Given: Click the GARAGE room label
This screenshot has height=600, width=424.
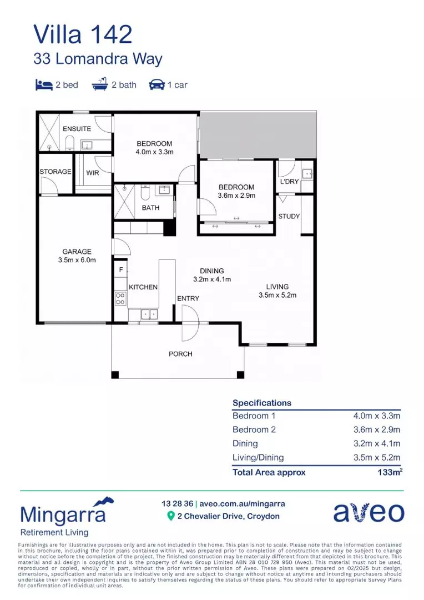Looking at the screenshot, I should (77, 252).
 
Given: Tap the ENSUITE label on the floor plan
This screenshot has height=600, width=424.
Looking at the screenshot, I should (77, 129).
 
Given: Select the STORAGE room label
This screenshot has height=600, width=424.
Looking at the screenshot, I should (55, 172).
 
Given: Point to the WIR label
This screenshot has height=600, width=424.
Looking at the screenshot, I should (92, 172).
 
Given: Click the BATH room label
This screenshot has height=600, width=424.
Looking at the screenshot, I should (150, 208).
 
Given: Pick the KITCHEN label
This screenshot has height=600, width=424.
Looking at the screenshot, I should (143, 287).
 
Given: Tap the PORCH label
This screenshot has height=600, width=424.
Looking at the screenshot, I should (180, 354).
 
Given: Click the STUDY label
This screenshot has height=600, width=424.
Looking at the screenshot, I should (289, 216).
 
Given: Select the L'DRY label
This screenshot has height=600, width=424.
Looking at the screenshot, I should (289, 182).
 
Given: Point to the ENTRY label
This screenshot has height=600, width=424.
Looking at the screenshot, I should (188, 298).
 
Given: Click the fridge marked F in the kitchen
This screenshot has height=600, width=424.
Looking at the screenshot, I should (120, 270).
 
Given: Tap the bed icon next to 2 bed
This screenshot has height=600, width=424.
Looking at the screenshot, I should (43, 85).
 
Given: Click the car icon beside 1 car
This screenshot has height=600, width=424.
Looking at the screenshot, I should (157, 85).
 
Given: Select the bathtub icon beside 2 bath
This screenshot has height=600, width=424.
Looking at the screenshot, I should (100, 84).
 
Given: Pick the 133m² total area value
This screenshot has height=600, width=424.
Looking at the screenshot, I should (389, 472).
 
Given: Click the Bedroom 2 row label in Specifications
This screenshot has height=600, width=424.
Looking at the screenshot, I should (254, 429).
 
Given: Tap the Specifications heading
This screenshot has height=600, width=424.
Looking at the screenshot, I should (261, 403).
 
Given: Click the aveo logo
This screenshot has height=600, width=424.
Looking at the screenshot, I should (368, 513).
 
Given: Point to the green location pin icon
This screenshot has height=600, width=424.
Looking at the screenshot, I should (171, 516).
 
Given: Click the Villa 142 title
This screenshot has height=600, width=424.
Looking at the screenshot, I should (83, 34).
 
